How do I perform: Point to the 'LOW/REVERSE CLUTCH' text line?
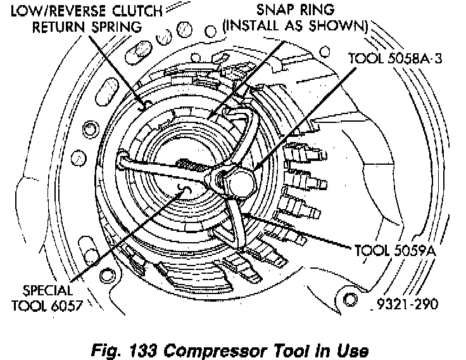85,11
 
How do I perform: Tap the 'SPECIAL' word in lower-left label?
48,292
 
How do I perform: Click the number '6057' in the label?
65,307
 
